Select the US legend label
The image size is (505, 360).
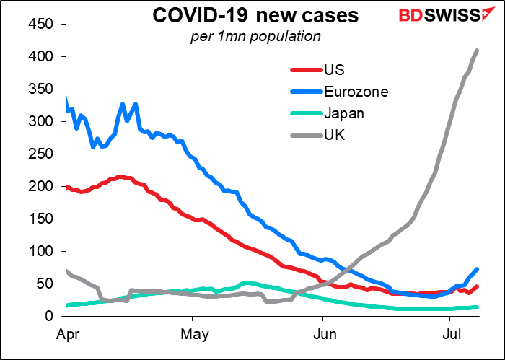(x=335, y=70)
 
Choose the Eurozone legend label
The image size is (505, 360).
(x=357, y=92)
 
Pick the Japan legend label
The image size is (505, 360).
(x=345, y=113)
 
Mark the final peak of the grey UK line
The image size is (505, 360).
(x=478, y=50)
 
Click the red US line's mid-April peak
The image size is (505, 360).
(x=120, y=176)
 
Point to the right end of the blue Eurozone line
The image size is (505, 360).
(x=478, y=269)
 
